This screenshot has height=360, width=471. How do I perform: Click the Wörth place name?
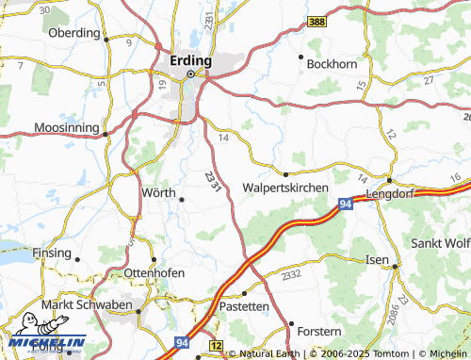pos(158,192)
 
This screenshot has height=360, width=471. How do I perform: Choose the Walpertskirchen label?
pos(285,188)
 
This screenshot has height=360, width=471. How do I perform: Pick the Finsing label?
pos(52,254)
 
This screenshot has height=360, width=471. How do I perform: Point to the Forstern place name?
pos(317,332)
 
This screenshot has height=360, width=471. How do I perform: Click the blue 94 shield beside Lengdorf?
pos(347,203)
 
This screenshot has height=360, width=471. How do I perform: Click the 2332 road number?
pos(291,274)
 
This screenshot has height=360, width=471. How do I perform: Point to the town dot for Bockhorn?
pos(300,57)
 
